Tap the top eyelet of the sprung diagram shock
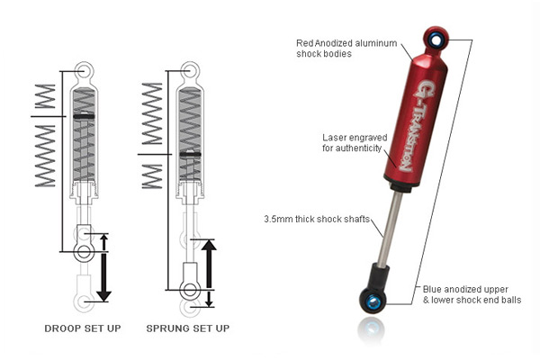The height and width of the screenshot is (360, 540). (189, 69)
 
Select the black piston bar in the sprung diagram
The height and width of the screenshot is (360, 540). (189, 155)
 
